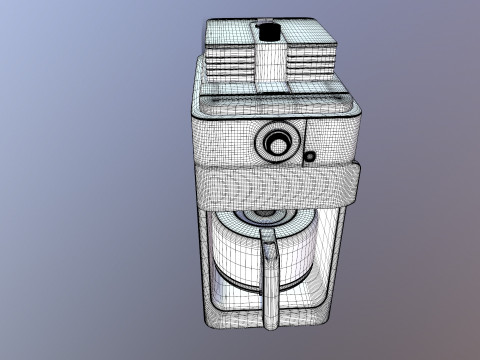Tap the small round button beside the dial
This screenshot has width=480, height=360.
[x=309, y=156]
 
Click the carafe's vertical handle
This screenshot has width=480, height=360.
[x=268, y=270]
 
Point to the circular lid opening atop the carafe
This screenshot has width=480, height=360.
[x=266, y=215]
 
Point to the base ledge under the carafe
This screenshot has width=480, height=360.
[x=268, y=318]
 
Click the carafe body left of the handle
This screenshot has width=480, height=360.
[x=235, y=260]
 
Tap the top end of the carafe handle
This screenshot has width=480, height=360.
[x=268, y=236]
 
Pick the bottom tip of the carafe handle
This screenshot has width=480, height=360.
[x=268, y=322]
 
